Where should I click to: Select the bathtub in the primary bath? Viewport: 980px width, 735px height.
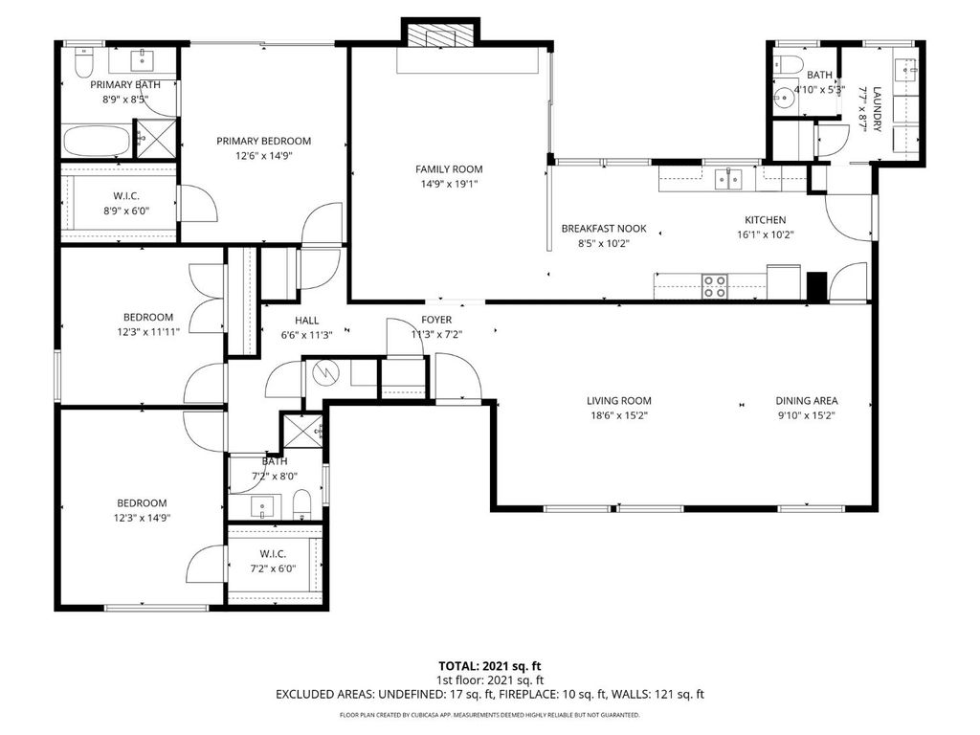point(96,141)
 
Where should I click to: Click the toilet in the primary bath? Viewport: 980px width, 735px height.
point(82,63)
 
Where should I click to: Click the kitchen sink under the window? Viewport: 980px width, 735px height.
point(730,178)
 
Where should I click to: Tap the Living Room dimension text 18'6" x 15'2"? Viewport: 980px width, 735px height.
point(619,416)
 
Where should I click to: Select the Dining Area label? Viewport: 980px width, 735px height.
point(807,401)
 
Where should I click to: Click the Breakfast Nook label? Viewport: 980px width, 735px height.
point(604,229)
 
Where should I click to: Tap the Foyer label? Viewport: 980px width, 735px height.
point(436,320)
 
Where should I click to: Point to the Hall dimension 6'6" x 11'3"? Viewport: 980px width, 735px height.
point(307,335)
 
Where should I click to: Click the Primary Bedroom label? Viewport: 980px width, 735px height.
point(263,141)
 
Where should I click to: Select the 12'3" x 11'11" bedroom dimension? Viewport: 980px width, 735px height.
point(147,331)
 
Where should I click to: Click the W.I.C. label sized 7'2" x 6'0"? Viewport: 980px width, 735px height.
point(280,554)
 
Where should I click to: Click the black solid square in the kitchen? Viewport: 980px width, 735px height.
point(815,287)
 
